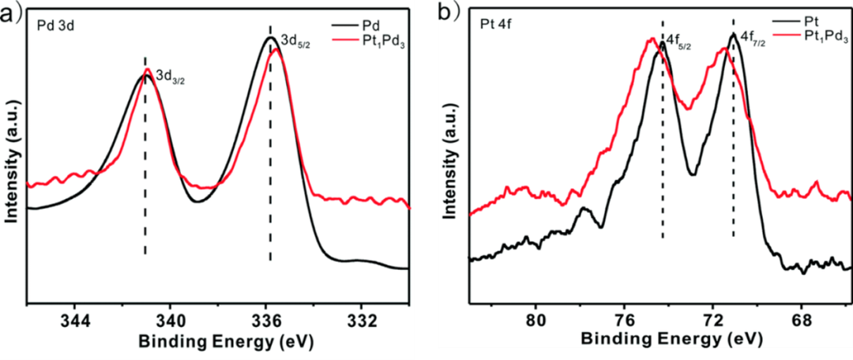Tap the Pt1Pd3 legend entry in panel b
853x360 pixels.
click(x=825, y=36)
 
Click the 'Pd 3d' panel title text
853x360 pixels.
click(x=57, y=26)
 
